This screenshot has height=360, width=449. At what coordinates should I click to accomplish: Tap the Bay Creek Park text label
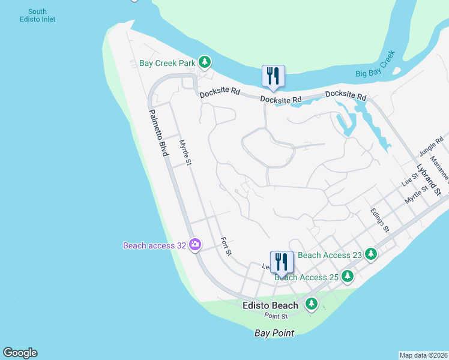167,62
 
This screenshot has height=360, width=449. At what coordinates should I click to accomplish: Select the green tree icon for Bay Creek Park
205,62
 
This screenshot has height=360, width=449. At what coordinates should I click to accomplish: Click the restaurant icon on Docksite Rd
273,76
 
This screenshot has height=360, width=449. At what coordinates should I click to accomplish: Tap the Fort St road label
226,245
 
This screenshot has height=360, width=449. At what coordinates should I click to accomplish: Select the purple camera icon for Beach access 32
194,244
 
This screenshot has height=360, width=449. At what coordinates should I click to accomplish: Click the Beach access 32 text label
154,245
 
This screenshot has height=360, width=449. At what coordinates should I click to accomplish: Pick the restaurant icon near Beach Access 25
282,262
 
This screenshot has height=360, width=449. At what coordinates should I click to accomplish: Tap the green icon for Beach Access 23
371,254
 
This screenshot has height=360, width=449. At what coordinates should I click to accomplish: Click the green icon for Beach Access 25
348,277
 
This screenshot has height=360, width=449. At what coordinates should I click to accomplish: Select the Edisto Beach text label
270,305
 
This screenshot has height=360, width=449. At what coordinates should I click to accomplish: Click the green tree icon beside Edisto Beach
311,304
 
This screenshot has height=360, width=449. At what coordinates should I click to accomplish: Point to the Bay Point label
274,333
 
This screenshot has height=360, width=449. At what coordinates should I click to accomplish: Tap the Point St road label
276,316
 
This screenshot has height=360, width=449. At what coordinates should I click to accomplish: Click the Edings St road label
380,221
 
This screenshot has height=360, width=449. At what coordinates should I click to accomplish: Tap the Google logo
20,353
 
